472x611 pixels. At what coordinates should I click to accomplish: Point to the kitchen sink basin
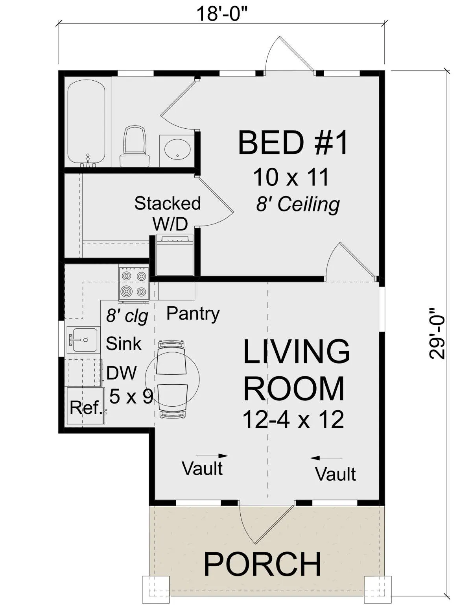click(x=84, y=340)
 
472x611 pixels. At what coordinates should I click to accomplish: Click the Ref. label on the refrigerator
click(x=86, y=407)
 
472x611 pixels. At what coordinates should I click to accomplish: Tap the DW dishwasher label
click(x=121, y=373)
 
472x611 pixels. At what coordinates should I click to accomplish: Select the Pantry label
click(x=193, y=313)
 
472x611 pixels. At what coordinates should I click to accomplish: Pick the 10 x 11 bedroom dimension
click(x=291, y=177)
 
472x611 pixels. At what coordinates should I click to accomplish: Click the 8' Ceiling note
click(x=298, y=205)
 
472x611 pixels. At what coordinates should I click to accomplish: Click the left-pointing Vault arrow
click(x=326, y=458)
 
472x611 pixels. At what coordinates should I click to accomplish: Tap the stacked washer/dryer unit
click(x=175, y=254)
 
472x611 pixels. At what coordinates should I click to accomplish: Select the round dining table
click(x=172, y=379)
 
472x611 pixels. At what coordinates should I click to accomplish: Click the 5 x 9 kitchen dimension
click(x=131, y=396)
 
